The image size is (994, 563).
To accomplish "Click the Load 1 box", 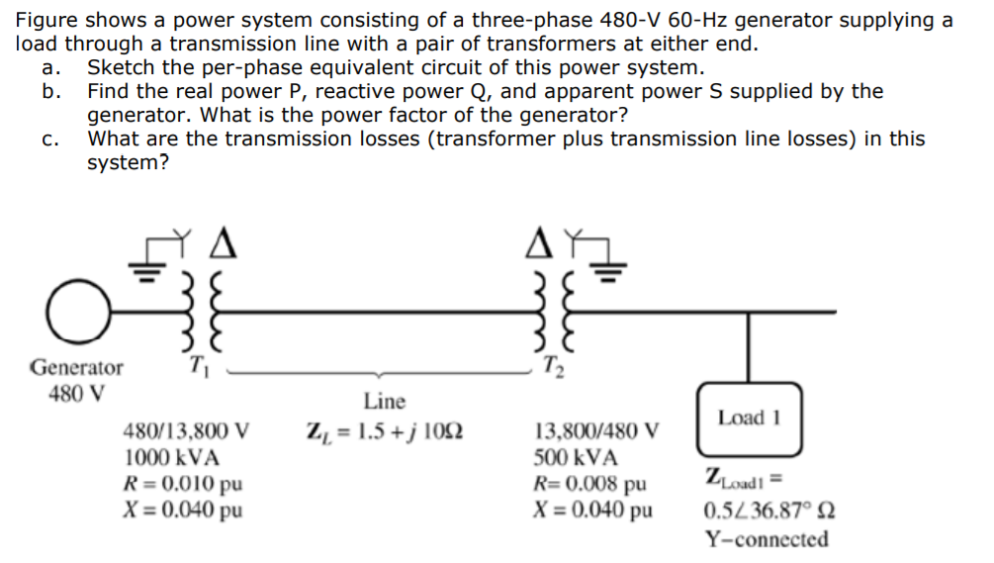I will pos(749,420).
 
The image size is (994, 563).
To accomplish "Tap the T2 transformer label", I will pos(550,365).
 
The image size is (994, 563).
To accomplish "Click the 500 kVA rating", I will pos(576,458).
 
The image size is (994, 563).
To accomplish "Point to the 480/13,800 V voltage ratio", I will pos(186,431).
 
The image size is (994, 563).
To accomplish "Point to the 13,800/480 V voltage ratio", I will pos(596,431).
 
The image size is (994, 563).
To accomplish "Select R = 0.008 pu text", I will pos(588,485).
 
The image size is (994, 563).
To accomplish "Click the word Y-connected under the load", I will pos(767,539).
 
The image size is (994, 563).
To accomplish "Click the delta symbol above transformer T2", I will pos(537,238).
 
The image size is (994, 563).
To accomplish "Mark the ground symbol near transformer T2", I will pos(610,262).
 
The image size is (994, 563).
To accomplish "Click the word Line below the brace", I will pos(384,401).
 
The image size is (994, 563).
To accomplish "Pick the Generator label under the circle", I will pos(77,367).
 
